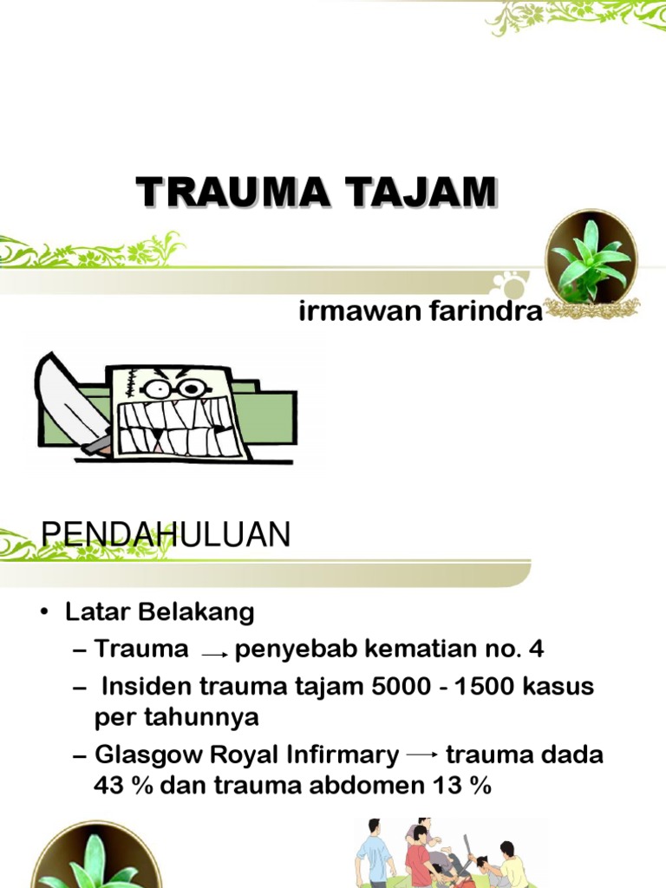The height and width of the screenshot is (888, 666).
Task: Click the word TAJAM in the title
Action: [418, 192]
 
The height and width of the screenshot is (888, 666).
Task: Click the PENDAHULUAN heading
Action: [166, 536]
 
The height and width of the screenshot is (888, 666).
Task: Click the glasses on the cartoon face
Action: [173, 387]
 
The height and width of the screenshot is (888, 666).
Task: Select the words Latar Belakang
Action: [160, 612]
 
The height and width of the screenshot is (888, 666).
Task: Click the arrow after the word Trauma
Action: [214, 653]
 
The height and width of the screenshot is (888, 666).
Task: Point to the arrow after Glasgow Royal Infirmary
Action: [422, 756]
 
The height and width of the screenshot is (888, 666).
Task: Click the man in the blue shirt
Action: [376, 853]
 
